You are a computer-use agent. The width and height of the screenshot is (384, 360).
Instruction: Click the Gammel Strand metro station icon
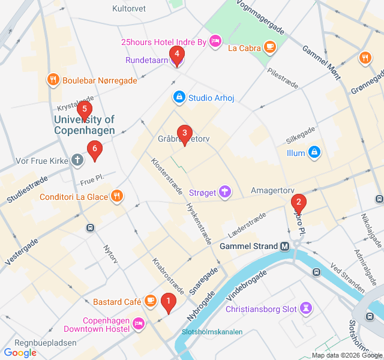285,246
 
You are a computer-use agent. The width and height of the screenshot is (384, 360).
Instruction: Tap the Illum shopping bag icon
314,153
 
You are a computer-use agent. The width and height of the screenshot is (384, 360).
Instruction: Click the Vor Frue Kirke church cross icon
77,160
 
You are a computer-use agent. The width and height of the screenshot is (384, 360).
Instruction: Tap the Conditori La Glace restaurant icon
117,196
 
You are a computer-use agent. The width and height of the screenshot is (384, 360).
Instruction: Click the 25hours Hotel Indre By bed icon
215,41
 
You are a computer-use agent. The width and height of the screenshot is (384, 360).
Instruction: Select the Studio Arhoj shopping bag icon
179,97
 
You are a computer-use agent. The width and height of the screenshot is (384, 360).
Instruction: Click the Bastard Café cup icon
150,301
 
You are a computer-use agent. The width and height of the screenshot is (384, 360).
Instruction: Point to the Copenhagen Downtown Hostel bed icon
138,324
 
